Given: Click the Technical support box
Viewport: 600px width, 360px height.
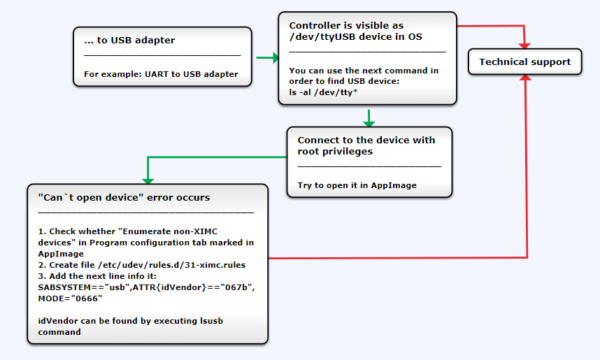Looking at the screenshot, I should click(524, 62).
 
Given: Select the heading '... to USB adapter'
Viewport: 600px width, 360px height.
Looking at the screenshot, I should click(129, 41).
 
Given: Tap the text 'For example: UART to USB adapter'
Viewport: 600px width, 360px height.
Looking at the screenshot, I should click(161, 74).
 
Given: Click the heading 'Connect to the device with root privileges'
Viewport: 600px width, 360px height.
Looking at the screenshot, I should click(366, 145).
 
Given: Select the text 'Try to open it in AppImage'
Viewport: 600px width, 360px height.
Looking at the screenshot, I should click(357, 185).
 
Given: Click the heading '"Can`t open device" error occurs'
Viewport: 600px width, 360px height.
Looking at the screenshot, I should click(124, 198).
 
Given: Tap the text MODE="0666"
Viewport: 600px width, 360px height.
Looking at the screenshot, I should click(70, 298).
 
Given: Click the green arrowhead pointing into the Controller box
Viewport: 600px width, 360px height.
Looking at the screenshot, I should click(273, 58).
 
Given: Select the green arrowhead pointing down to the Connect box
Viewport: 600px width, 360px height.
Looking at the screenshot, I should click(369, 122).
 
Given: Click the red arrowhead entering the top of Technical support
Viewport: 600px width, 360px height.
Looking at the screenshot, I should click(524, 43).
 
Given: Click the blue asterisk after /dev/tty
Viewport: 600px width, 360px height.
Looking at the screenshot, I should click(355, 92).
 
